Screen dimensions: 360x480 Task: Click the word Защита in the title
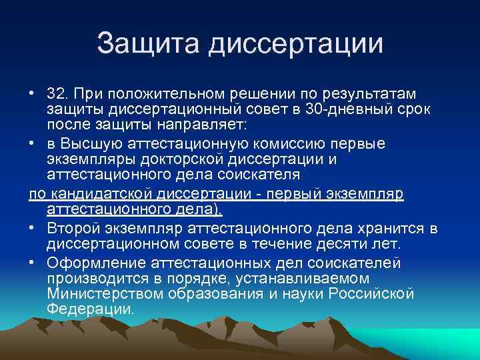click(x=147, y=45)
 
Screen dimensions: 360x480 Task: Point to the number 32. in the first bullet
click(x=61, y=91)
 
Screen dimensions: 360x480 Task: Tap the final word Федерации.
click(x=90, y=310)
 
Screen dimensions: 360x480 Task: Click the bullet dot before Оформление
click(x=33, y=261)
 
